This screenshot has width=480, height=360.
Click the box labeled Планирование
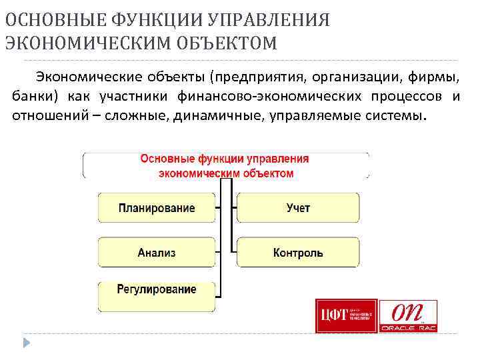[x=157, y=208]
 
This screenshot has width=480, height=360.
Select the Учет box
[x=298, y=208]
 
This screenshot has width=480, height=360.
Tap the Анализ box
[x=157, y=253]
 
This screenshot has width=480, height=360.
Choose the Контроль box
[x=298, y=253]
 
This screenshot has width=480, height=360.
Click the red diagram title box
[x=225, y=166]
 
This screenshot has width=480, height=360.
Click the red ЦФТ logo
[x=346, y=315]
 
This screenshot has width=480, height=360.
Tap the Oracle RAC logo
[x=408, y=316]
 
